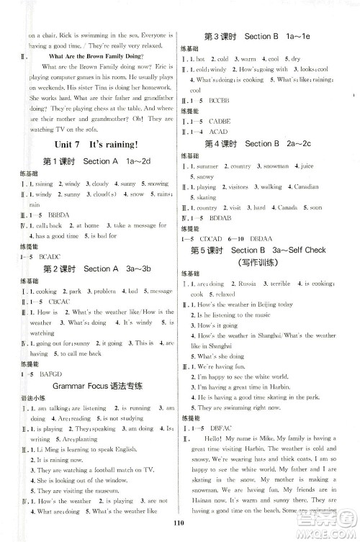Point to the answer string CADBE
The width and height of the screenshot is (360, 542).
click(x=220, y=122)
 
